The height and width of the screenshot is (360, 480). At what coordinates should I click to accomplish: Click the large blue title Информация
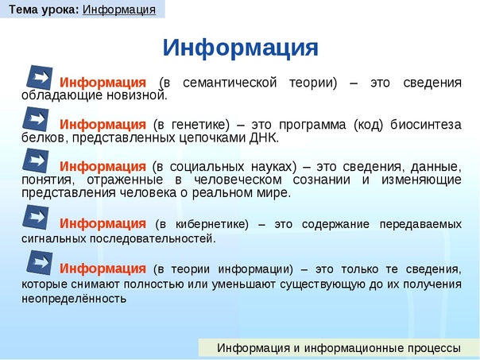pyautogui.click(x=240, y=48)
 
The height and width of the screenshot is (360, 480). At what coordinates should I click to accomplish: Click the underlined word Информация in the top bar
pyautogui.click(x=119, y=10)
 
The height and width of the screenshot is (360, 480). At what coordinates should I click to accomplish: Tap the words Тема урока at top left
pyautogui.click(x=44, y=10)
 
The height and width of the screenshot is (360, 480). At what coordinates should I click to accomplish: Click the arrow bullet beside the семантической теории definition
pyautogui.click(x=40, y=77)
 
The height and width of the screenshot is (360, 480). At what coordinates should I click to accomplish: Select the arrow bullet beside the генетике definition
pyautogui.click(x=36, y=119)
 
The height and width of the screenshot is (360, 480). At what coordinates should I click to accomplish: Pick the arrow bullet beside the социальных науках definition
pyautogui.click(x=36, y=161)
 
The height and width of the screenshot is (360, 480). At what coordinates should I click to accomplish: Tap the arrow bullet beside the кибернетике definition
pyautogui.click(x=36, y=217)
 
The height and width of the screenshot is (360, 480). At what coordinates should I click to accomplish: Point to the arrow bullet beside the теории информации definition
pyautogui.click(x=40, y=263)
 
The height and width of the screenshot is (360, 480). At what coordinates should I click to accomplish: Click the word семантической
pyautogui.click(x=230, y=83)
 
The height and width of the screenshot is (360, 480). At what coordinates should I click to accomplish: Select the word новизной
pyautogui.click(x=137, y=95)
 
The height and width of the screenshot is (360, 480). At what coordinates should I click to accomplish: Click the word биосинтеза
pyautogui.click(x=426, y=125)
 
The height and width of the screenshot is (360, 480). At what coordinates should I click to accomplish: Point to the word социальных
pyautogui.click(x=207, y=167)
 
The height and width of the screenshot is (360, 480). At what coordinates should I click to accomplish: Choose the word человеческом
pyautogui.click(x=238, y=180)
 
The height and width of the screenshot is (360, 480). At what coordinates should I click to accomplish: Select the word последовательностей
pyautogui.click(x=153, y=238)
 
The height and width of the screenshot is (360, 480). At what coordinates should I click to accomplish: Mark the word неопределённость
pyautogui.click(x=74, y=298)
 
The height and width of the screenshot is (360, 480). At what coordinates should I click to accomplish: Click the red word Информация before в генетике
pyautogui.click(x=103, y=125)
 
